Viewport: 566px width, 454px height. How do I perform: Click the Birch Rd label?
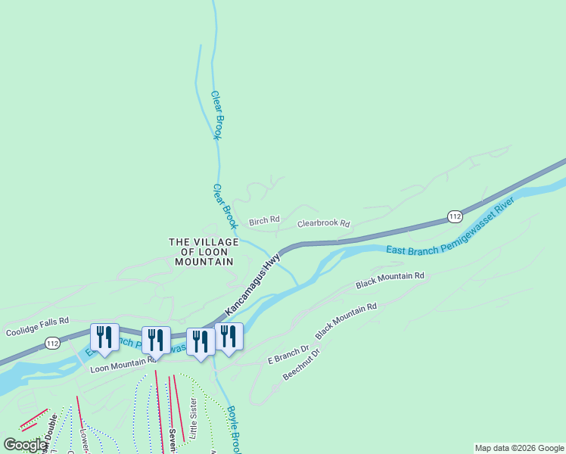tap(264, 219)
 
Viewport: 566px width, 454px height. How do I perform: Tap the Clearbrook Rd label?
tap(323, 224)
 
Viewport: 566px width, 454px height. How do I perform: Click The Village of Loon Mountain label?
tap(204, 251)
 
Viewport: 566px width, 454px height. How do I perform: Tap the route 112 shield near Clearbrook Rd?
tap(454, 216)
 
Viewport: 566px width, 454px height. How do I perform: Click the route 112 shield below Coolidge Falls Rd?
tap(52, 344)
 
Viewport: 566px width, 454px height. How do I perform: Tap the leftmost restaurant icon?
tap(104, 337)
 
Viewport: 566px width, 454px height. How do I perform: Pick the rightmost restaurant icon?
tap(229, 336)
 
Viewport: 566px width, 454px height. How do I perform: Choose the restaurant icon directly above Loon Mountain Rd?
tap(155, 340)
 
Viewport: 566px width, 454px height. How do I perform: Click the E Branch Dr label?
tap(288, 355)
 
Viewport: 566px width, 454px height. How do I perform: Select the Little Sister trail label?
tap(194, 418)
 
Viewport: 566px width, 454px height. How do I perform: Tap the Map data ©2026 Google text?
tap(520, 448)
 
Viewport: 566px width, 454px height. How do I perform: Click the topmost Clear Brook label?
tap(216, 115)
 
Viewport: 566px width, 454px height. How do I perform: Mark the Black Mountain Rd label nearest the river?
tap(390, 281)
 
